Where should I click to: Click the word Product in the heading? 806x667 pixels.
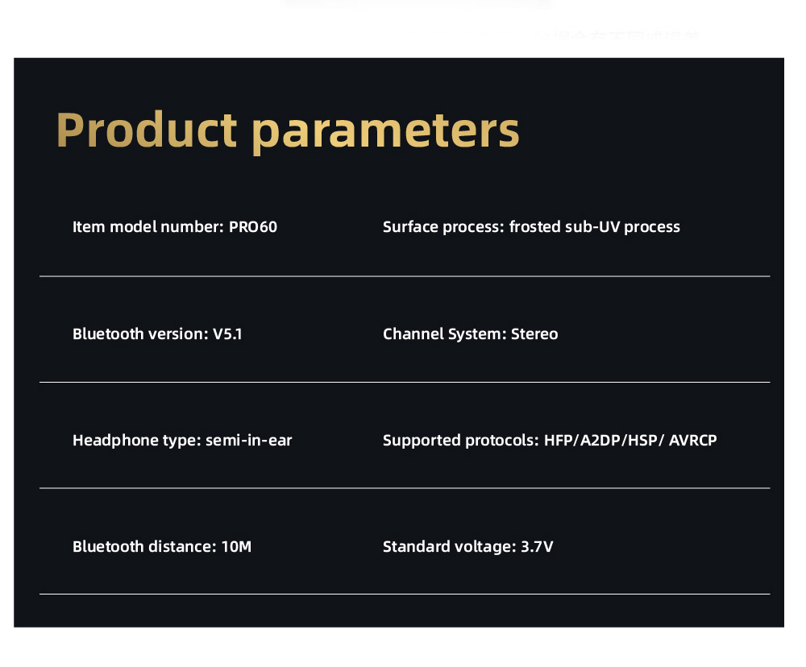[x=147, y=130]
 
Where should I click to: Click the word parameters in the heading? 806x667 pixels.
[x=386, y=131]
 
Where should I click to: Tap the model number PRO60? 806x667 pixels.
[x=252, y=227]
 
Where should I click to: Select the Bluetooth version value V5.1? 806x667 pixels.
[x=227, y=333]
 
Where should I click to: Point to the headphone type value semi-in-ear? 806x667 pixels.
[x=249, y=441]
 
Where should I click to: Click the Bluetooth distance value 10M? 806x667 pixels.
[x=236, y=547]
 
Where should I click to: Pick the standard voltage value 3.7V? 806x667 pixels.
[x=537, y=547]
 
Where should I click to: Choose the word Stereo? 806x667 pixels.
[x=534, y=333]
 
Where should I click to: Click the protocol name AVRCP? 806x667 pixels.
[x=692, y=441]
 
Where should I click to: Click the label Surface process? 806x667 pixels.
[x=443, y=227]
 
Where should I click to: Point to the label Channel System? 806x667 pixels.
[x=444, y=333]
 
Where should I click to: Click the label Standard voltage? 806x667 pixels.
[x=449, y=547]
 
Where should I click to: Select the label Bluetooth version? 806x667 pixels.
[x=140, y=333]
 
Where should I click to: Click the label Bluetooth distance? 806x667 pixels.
[x=144, y=547]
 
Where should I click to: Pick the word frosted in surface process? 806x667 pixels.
[x=535, y=227]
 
